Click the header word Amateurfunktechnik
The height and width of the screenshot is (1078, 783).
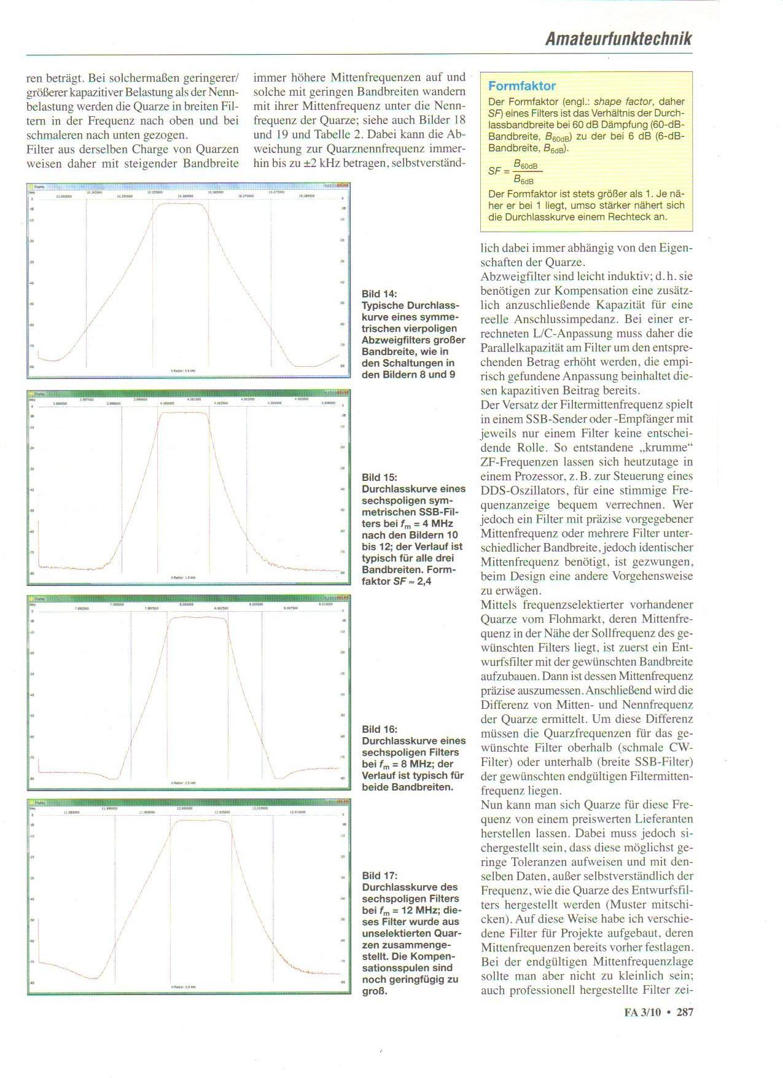(x=618, y=39)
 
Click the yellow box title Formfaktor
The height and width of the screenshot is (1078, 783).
(x=522, y=86)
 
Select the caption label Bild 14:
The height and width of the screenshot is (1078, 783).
(x=379, y=294)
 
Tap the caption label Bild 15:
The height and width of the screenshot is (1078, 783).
(x=379, y=477)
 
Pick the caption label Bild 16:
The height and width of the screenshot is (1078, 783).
(x=379, y=729)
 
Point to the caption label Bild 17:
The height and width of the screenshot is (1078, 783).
(x=379, y=875)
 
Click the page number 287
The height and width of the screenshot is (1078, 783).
(x=685, y=1012)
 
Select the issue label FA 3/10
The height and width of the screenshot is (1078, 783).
(x=642, y=1012)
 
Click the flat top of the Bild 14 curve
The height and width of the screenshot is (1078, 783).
(x=180, y=204)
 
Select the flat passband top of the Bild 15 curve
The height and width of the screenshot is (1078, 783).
(x=184, y=413)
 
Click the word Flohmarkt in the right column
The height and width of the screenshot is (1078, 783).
(x=635, y=619)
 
